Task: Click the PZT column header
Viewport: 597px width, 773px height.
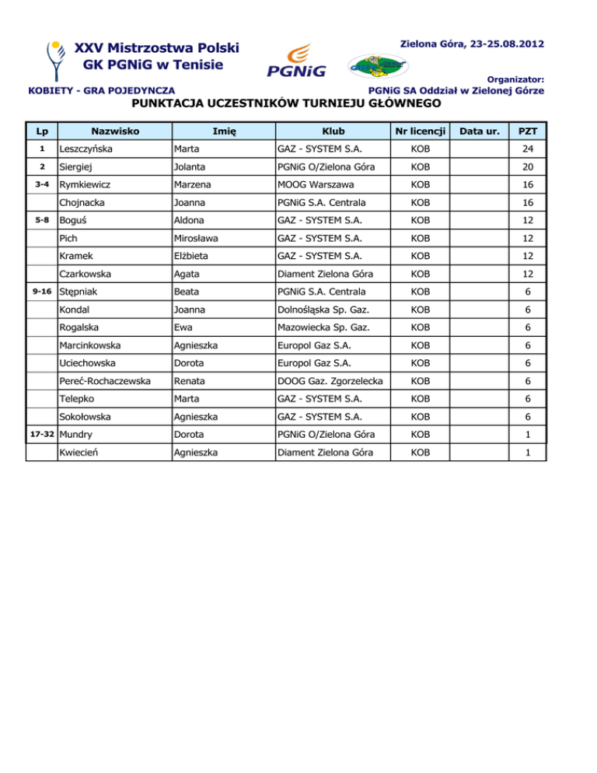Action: pos(528,131)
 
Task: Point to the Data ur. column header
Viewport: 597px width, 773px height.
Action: pos(480,131)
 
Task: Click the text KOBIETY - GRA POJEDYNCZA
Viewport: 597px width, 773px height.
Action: pos(101,91)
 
